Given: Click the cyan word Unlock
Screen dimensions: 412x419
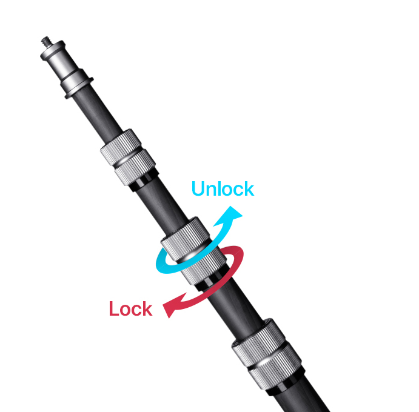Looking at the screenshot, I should (x=222, y=188).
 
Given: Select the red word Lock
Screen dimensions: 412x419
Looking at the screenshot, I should (x=130, y=308).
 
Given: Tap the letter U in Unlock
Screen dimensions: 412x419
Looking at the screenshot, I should (x=199, y=188).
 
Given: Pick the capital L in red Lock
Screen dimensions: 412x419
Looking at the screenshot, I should (x=114, y=308).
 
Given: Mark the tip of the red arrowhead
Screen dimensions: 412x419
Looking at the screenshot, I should (x=164, y=311).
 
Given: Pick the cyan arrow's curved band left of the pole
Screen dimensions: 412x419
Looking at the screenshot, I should (x=163, y=261).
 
